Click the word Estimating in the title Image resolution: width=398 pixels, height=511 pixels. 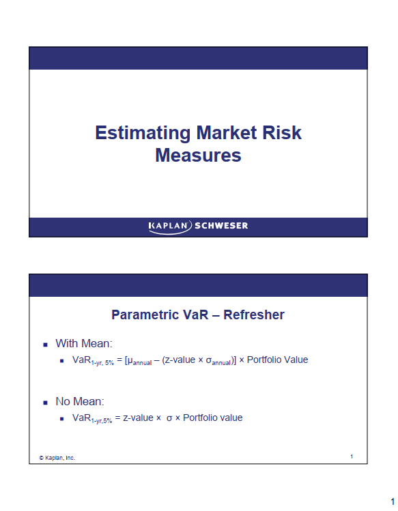point(143,133)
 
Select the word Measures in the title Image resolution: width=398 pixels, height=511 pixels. point(198,155)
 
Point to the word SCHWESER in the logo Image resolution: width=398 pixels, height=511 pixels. point(221,226)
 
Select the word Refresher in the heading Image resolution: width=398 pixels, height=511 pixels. point(254,315)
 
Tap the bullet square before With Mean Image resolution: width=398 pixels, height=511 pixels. point(45,345)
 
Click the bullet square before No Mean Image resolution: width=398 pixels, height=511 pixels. point(45,403)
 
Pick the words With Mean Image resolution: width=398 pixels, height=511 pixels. point(84,343)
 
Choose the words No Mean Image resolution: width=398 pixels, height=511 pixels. point(80,401)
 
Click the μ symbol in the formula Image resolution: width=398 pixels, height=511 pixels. point(130,361)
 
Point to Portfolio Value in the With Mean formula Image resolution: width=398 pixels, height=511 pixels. point(277,360)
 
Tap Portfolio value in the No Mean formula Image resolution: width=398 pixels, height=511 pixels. point(213,418)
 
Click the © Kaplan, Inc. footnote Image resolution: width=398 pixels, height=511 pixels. point(57,458)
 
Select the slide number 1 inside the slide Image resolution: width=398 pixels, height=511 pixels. point(352,456)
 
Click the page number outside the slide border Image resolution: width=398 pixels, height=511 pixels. point(393,501)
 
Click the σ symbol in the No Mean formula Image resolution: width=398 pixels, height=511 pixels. point(169,418)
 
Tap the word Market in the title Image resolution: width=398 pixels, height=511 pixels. point(227,132)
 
